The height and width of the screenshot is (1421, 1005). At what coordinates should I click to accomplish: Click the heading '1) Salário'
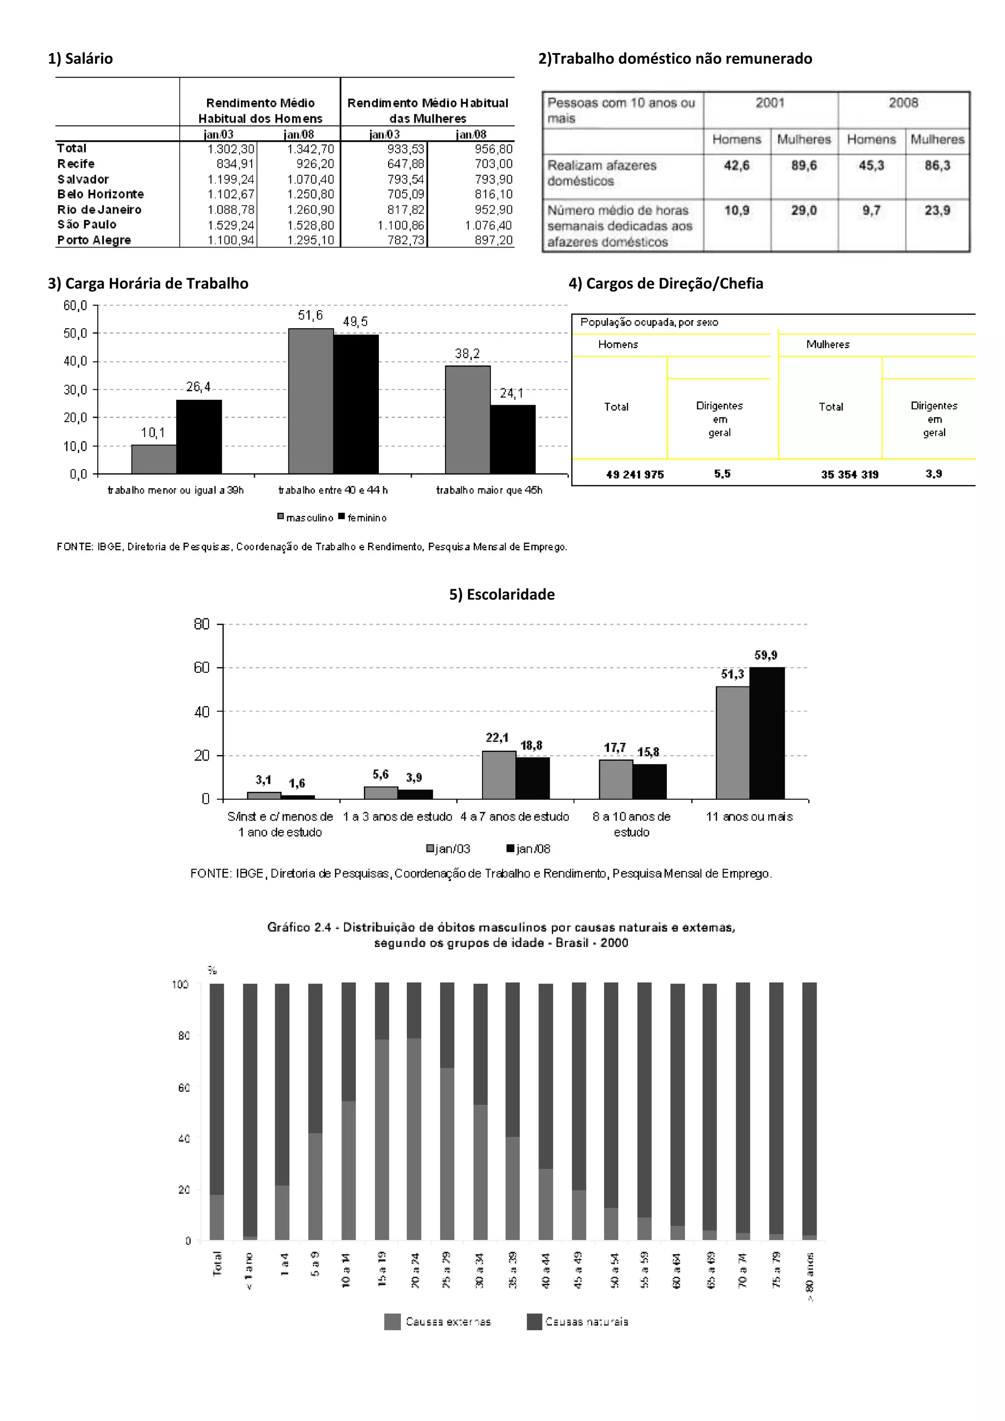point(80,59)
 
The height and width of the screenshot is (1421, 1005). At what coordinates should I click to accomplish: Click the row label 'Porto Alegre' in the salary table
point(94,240)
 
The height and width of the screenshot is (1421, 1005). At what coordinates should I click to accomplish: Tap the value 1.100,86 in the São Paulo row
point(401,225)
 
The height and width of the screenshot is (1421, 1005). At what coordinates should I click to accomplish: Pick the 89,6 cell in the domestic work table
point(804,166)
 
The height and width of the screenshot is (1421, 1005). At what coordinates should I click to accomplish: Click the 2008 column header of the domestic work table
point(903,103)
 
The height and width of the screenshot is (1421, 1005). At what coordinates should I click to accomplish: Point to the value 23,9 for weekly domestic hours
point(937,211)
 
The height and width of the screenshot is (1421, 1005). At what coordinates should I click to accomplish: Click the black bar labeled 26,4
point(199,436)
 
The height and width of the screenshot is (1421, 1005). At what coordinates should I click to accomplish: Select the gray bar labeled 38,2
point(467,420)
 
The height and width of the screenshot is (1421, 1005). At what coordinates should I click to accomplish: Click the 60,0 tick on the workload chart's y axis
point(76,305)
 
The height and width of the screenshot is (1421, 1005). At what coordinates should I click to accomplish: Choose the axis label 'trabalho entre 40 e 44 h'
point(333,490)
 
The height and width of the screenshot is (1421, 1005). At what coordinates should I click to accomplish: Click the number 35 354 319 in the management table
point(849,474)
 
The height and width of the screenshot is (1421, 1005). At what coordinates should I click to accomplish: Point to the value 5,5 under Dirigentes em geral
point(721,474)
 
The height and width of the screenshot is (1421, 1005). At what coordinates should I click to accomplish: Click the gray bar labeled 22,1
point(499,775)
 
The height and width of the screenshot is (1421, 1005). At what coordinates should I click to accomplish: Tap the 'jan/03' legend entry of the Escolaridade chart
point(448,848)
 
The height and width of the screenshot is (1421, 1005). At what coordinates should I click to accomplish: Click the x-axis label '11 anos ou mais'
point(749,816)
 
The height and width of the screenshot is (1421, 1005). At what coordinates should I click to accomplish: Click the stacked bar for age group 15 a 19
point(382,1111)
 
